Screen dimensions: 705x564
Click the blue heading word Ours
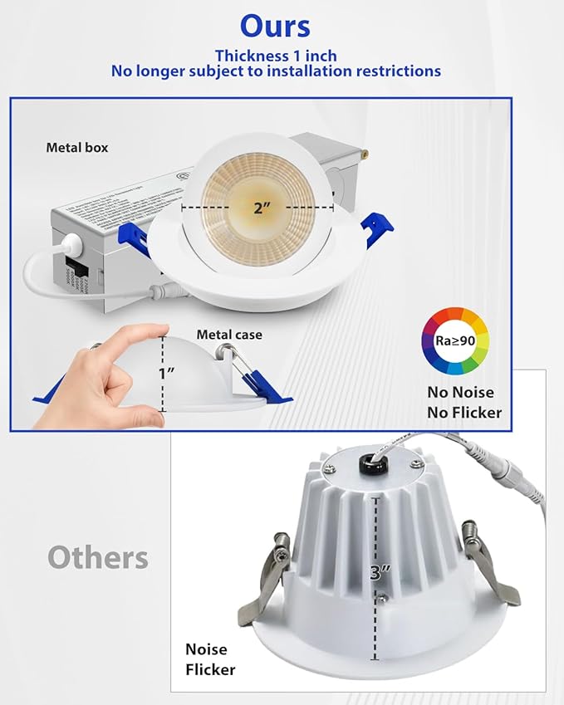point(275,26)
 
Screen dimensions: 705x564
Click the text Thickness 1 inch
point(275,56)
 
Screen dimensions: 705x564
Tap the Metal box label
point(77,148)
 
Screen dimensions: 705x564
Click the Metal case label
point(229,335)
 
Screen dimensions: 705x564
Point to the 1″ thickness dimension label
point(166,373)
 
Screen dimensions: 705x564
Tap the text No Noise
point(461,392)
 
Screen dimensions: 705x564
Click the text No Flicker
point(465,412)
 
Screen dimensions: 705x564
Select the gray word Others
point(98,556)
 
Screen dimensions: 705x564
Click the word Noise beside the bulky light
point(206,649)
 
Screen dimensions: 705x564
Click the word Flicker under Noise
point(210,669)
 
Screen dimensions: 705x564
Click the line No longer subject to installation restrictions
point(276,71)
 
